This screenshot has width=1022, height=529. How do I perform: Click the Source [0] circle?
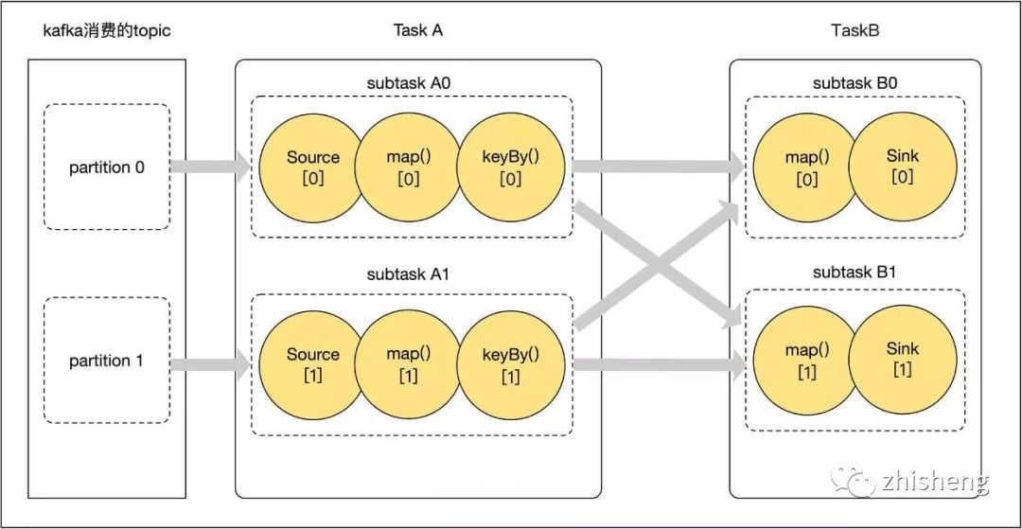pos(311,168)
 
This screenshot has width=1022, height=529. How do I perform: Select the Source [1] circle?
pos(311,365)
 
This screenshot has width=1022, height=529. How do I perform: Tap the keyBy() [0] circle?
pos(510,168)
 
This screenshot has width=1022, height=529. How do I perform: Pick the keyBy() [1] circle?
pos(510,365)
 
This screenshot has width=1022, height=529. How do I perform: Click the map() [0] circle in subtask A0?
pos(409,168)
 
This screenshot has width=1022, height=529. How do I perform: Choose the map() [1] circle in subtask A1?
pos(409,365)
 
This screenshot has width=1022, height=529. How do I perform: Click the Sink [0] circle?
pos(903,166)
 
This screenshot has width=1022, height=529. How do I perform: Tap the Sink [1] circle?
pos(903,360)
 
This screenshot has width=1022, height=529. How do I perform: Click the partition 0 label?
pos(107,168)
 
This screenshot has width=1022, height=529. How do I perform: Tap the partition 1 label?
pos(106,361)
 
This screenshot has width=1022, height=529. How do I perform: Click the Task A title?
pos(418,30)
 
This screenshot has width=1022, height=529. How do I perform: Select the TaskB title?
pos(855,30)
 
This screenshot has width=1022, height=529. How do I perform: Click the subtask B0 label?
pos(855,83)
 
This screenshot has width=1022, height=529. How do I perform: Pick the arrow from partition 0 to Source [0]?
pos(210,168)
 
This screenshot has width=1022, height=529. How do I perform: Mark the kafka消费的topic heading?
pos(107,30)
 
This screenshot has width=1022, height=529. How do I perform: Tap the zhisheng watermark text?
pos(935,483)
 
